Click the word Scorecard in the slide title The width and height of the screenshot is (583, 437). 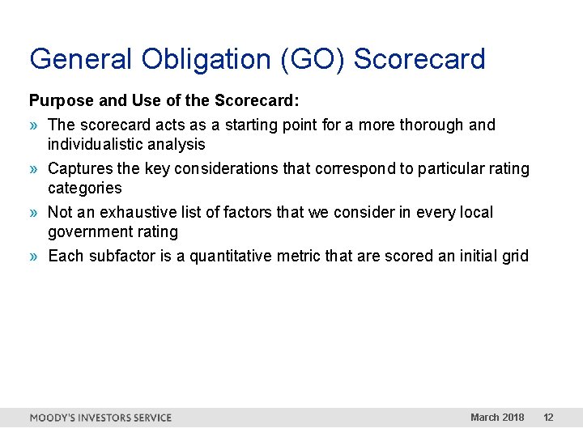(x=419, y=59)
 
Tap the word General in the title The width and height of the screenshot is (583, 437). (x=80, y=59)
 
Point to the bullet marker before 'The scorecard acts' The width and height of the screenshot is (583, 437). (x=34, y=125)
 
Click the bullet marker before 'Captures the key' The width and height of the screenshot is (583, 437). (x=34, y=169)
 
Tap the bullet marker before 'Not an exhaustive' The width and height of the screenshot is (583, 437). (x=34, y=213)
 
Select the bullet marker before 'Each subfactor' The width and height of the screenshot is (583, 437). (x=34, y=257)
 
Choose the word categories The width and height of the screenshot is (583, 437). (x=84, y=189)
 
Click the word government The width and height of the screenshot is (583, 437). (x=88, y=232)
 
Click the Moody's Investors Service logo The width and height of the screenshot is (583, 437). (x=100, y=418)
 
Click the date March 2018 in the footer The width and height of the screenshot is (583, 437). (x=497, y=418)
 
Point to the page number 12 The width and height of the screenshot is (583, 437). (x=548, y=418)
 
